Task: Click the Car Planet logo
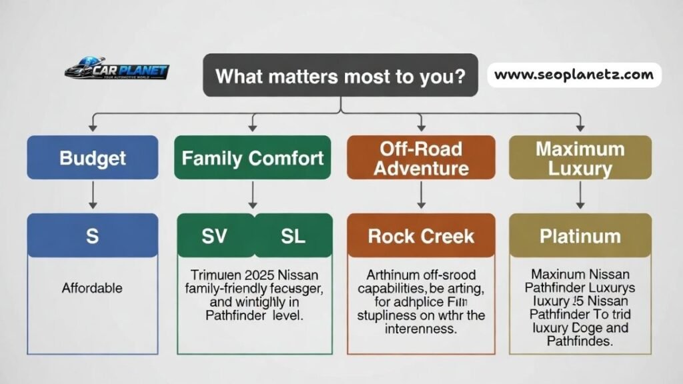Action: tap(117, 71)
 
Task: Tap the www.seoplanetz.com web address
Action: tap(574, 75)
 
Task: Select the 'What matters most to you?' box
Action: tap(340, 75)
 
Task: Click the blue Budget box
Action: tap(93, 158)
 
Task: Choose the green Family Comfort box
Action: tap(253, 158)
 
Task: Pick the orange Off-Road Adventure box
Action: tap(421, 158)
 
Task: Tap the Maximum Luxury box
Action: tap(580, 158)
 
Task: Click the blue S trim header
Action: tap(93, 235)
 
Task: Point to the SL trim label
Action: tap(292, 235)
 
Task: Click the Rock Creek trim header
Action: tap(421, 235)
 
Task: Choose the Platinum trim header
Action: tap(580, 235)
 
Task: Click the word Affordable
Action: tap(92, 288)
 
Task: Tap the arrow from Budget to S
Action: tap(93, 195)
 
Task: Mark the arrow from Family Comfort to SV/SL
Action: tap(253, 195)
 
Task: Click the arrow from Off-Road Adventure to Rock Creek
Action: tap(421, 195)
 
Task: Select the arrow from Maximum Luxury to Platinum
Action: tap(580, 195)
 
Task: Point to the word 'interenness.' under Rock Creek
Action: tap(421, 329)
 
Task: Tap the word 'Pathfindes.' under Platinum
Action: tap(580, 341)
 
